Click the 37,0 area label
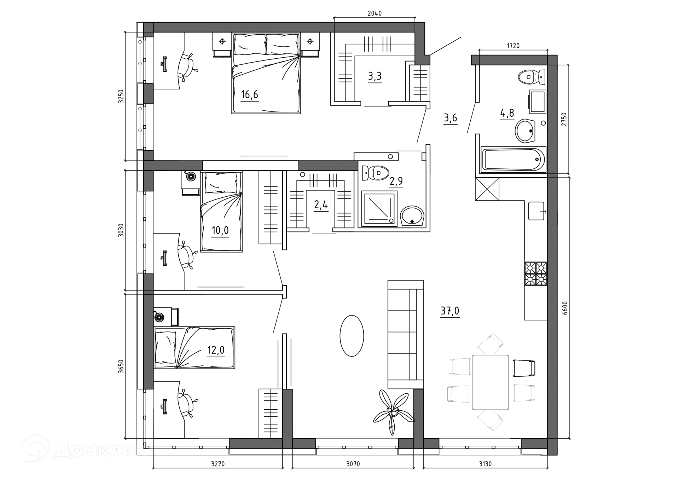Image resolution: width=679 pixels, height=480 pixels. point(450,311)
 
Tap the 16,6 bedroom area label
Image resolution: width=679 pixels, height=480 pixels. point(249,94)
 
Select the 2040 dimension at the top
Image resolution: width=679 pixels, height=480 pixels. point(375,13)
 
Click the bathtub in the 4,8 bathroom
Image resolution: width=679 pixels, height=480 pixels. point(512,160)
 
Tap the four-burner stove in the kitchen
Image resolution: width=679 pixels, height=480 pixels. point(536,273)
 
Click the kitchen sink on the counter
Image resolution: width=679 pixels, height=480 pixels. point(536,211)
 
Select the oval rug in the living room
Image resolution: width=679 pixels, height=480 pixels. point(352,336)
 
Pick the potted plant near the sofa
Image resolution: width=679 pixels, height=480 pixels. point(393,411)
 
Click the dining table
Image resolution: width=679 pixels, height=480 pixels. point(491,382)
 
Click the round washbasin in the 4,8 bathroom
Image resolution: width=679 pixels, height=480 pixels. point(527,131)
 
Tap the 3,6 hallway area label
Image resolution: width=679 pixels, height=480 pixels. point(451,118)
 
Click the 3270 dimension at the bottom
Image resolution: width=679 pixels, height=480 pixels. point(218,464)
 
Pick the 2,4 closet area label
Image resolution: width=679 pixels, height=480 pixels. point(321,205)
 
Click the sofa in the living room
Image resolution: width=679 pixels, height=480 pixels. point(406,335)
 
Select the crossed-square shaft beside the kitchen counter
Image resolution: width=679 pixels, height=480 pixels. point(487,189)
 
